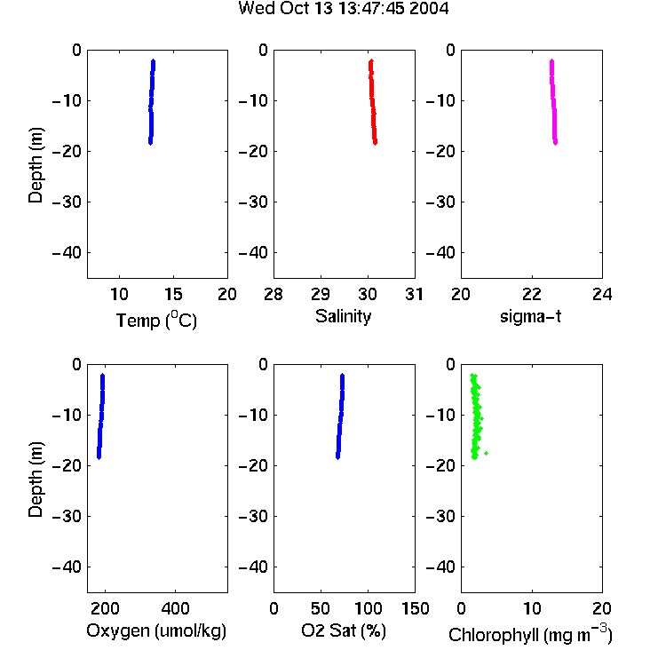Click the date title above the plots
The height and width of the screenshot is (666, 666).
343,9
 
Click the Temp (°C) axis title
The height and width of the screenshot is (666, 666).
156,320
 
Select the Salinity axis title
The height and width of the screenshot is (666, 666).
343,316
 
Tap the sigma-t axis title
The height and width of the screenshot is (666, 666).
530,316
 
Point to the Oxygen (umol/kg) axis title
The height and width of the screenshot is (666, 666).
156,630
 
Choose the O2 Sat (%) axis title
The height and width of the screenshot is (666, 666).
344,630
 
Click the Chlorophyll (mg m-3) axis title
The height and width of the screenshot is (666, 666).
530,634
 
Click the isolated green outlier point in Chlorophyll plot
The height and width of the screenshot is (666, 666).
486,453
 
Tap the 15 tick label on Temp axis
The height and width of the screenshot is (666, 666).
173,294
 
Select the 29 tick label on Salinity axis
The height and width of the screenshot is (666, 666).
321,294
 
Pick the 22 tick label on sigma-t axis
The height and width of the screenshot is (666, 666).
532,294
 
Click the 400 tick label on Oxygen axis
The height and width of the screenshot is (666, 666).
176,608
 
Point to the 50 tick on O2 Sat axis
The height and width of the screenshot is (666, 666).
321,608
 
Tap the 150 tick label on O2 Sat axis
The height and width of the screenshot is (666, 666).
415,608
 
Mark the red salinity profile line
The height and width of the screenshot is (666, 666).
372,102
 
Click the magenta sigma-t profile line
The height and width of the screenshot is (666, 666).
553,102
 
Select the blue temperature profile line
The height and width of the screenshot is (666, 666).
152,102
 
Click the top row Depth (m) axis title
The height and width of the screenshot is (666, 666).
36,165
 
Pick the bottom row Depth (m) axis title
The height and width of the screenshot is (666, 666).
36,480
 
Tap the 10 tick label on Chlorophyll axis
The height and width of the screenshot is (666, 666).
532,608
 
